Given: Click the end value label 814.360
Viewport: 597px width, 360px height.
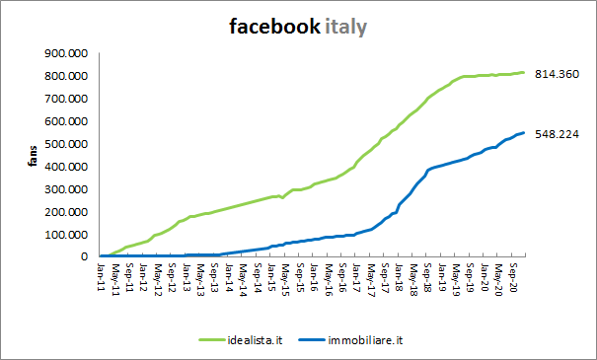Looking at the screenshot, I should [x=557, y=74].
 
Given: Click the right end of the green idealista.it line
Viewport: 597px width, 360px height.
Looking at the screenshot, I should [x=523, y=72].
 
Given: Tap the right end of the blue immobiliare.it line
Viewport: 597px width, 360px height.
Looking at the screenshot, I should [x=523, y=133].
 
